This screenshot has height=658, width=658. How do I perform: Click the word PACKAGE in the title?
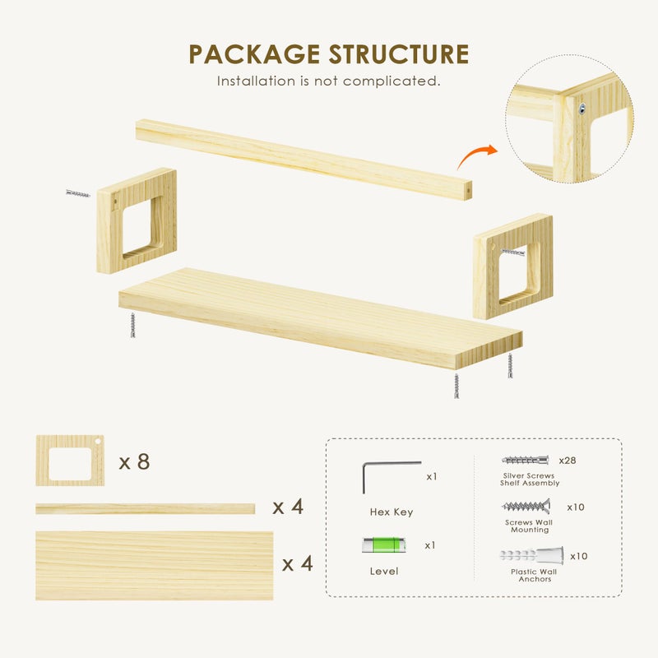point(254,54)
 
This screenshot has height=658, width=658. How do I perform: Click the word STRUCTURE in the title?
point(399,54)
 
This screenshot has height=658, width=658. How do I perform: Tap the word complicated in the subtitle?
point(392,81)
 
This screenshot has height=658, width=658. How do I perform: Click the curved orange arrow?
point(477,156)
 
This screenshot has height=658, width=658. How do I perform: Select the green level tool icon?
point(383,544)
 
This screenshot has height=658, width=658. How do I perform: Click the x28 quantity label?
point(568,461)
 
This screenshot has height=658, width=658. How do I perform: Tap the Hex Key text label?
point(392,512)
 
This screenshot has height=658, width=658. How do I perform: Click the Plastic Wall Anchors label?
point(534,575)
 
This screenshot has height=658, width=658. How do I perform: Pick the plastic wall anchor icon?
point(531,554)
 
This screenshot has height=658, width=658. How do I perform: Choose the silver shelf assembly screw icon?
point(525,460)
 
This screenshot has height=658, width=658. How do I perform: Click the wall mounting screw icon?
point(526,506)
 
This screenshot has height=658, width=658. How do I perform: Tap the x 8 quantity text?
point(134,462)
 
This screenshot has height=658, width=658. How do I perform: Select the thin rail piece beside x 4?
point(146,508)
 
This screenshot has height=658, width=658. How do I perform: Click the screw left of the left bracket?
point(78,193)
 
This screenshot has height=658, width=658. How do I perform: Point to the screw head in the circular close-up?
point(582,109)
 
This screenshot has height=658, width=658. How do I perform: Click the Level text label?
point(384,571)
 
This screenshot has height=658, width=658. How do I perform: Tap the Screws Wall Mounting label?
point(529,526)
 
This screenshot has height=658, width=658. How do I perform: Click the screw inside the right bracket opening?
point(512,252)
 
